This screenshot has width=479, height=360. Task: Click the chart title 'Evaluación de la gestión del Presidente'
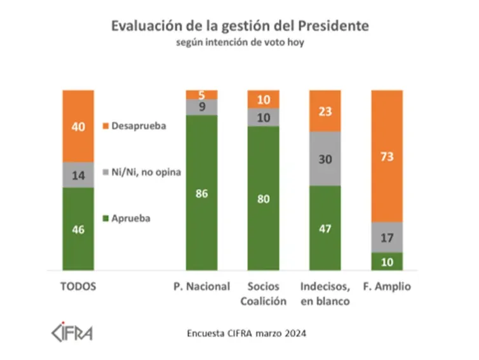coord(239,26)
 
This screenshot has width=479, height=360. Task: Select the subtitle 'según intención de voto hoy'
coord(239,44)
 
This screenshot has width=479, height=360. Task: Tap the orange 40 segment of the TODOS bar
coord(78,126)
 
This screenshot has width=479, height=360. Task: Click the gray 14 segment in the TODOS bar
coord(78,175)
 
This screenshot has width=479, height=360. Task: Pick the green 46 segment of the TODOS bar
coord(78,229)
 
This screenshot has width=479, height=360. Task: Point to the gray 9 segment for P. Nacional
coord(201,107)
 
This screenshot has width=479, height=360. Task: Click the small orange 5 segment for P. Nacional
coord(201,95)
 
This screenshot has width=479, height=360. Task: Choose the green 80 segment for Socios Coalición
coord(263,198)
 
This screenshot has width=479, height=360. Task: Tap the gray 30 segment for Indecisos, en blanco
coord(325,159)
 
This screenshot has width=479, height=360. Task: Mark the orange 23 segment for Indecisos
coord(325,110)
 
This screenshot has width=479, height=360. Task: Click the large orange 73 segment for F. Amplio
coord(387,156)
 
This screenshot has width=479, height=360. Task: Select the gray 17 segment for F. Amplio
coord(387,237)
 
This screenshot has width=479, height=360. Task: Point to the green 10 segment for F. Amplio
coord(387,262)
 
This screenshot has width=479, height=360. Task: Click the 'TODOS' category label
coord(78,286)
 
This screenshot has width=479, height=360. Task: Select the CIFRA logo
coord(71,333)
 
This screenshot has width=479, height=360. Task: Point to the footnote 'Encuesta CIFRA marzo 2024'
coord(240,333)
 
